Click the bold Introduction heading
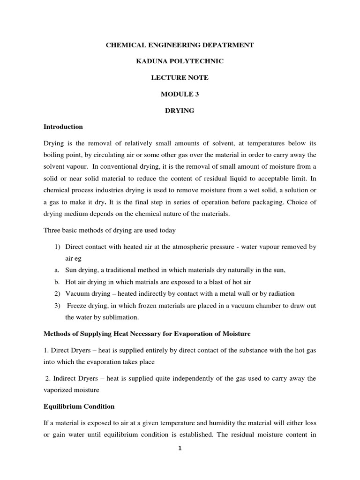click(63, 127)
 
